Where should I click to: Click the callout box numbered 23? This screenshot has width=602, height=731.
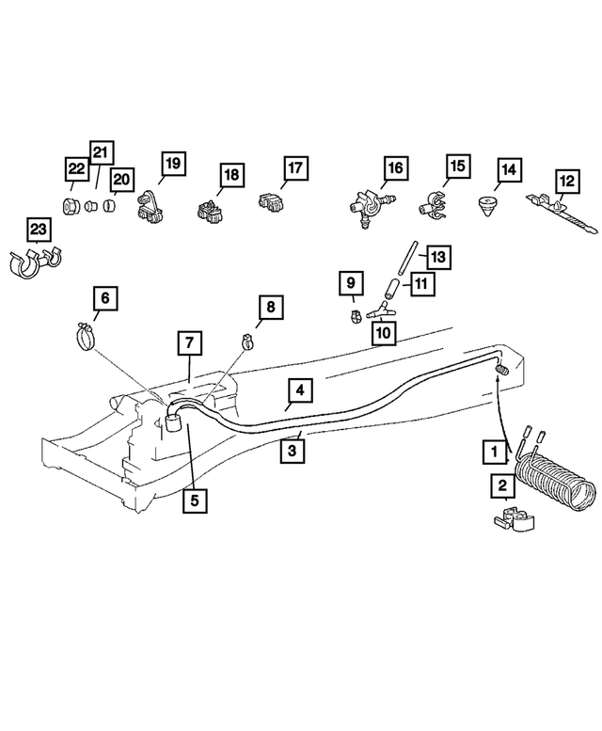pos(38,230)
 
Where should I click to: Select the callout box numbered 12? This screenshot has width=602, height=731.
pos(566,179)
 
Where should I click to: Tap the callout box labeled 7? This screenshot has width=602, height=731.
pos(189,343)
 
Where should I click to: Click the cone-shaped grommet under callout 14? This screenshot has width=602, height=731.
pos(487,205)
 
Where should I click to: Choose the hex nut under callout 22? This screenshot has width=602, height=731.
pos(72,206)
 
